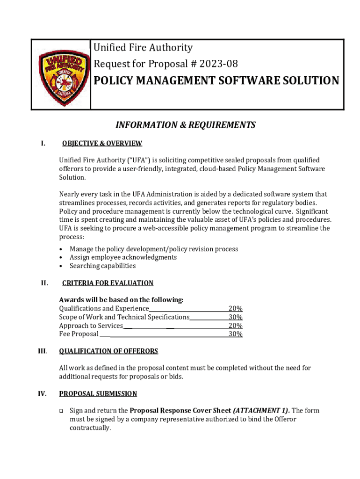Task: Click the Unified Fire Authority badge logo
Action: (x=61, y=75)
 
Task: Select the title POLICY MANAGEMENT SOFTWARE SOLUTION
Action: (x=216, y=81)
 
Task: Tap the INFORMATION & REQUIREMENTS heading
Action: (x=186, y=125)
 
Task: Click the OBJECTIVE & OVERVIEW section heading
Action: (x=102, y=143)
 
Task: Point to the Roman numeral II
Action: (x=44, y=283)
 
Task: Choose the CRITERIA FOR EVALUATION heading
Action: (x=108, y=283)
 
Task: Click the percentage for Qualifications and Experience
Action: (x=235, y=309)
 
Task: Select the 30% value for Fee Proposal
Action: (x=235, y=334)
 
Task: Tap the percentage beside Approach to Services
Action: (x=235, y=326)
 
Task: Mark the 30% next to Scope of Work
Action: (x=235, y=317)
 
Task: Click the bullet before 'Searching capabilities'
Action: (x=61, y=266)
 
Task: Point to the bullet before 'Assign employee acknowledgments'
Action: (x=61, y=258)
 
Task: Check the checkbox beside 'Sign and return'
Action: (x=61, y=411)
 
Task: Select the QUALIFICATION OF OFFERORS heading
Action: (x=108, y=351)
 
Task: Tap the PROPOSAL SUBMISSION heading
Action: (x=98, y=394)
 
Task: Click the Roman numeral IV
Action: (x=43, y=394)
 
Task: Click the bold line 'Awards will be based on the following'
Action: (x=121, y=300)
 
